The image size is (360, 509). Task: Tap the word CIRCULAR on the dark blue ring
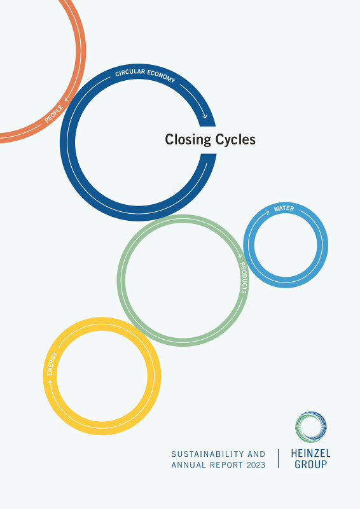pyautogui.click(x=130, y=73)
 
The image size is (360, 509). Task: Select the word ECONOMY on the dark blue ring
pyautogui.click(x=162, y=76)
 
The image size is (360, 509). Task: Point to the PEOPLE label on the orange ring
pyautogui.click(x=54, y=114)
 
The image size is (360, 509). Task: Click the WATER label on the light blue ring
pyautogui.click(x=284, y=209)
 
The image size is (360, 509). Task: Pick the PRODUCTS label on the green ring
pyautogui.click(x=244, y=277)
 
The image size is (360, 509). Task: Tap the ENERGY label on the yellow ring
pyautogui.click(x=52, y=363)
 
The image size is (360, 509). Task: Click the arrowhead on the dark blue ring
pyautogui.click(x=204, y=116)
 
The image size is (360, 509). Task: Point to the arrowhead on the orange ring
pyautogui.click(x=67, y=99)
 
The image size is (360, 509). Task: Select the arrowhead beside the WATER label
pyautogui.click(x=267, y=213)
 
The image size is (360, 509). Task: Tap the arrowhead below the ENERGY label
pyautogui.click(x=50, y=382)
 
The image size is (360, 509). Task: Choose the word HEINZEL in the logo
pyautogui.click(x=310, y=454)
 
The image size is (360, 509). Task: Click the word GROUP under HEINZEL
pyautogui.click(x=310, y=464)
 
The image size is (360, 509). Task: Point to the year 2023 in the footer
pyautogui.click(x=256, y=465)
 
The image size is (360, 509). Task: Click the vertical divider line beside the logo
pyautogui.click(x=278, y=458)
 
